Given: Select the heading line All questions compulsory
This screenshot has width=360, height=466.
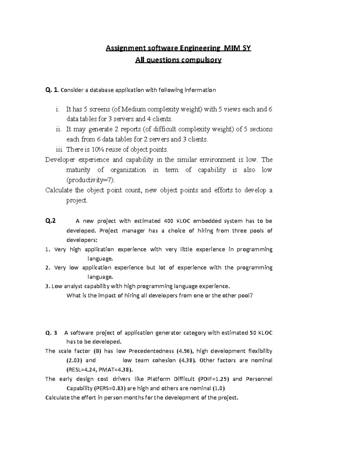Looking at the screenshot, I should [178, 60].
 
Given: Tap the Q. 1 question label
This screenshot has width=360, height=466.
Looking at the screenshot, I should [52, 90].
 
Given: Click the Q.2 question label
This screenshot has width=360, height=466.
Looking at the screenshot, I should [50, 221].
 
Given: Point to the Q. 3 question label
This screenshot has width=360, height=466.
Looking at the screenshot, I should [51, 333].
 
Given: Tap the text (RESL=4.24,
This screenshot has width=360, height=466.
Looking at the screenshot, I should [80, 370].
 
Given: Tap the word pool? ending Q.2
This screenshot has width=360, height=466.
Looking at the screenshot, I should [246, 296].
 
